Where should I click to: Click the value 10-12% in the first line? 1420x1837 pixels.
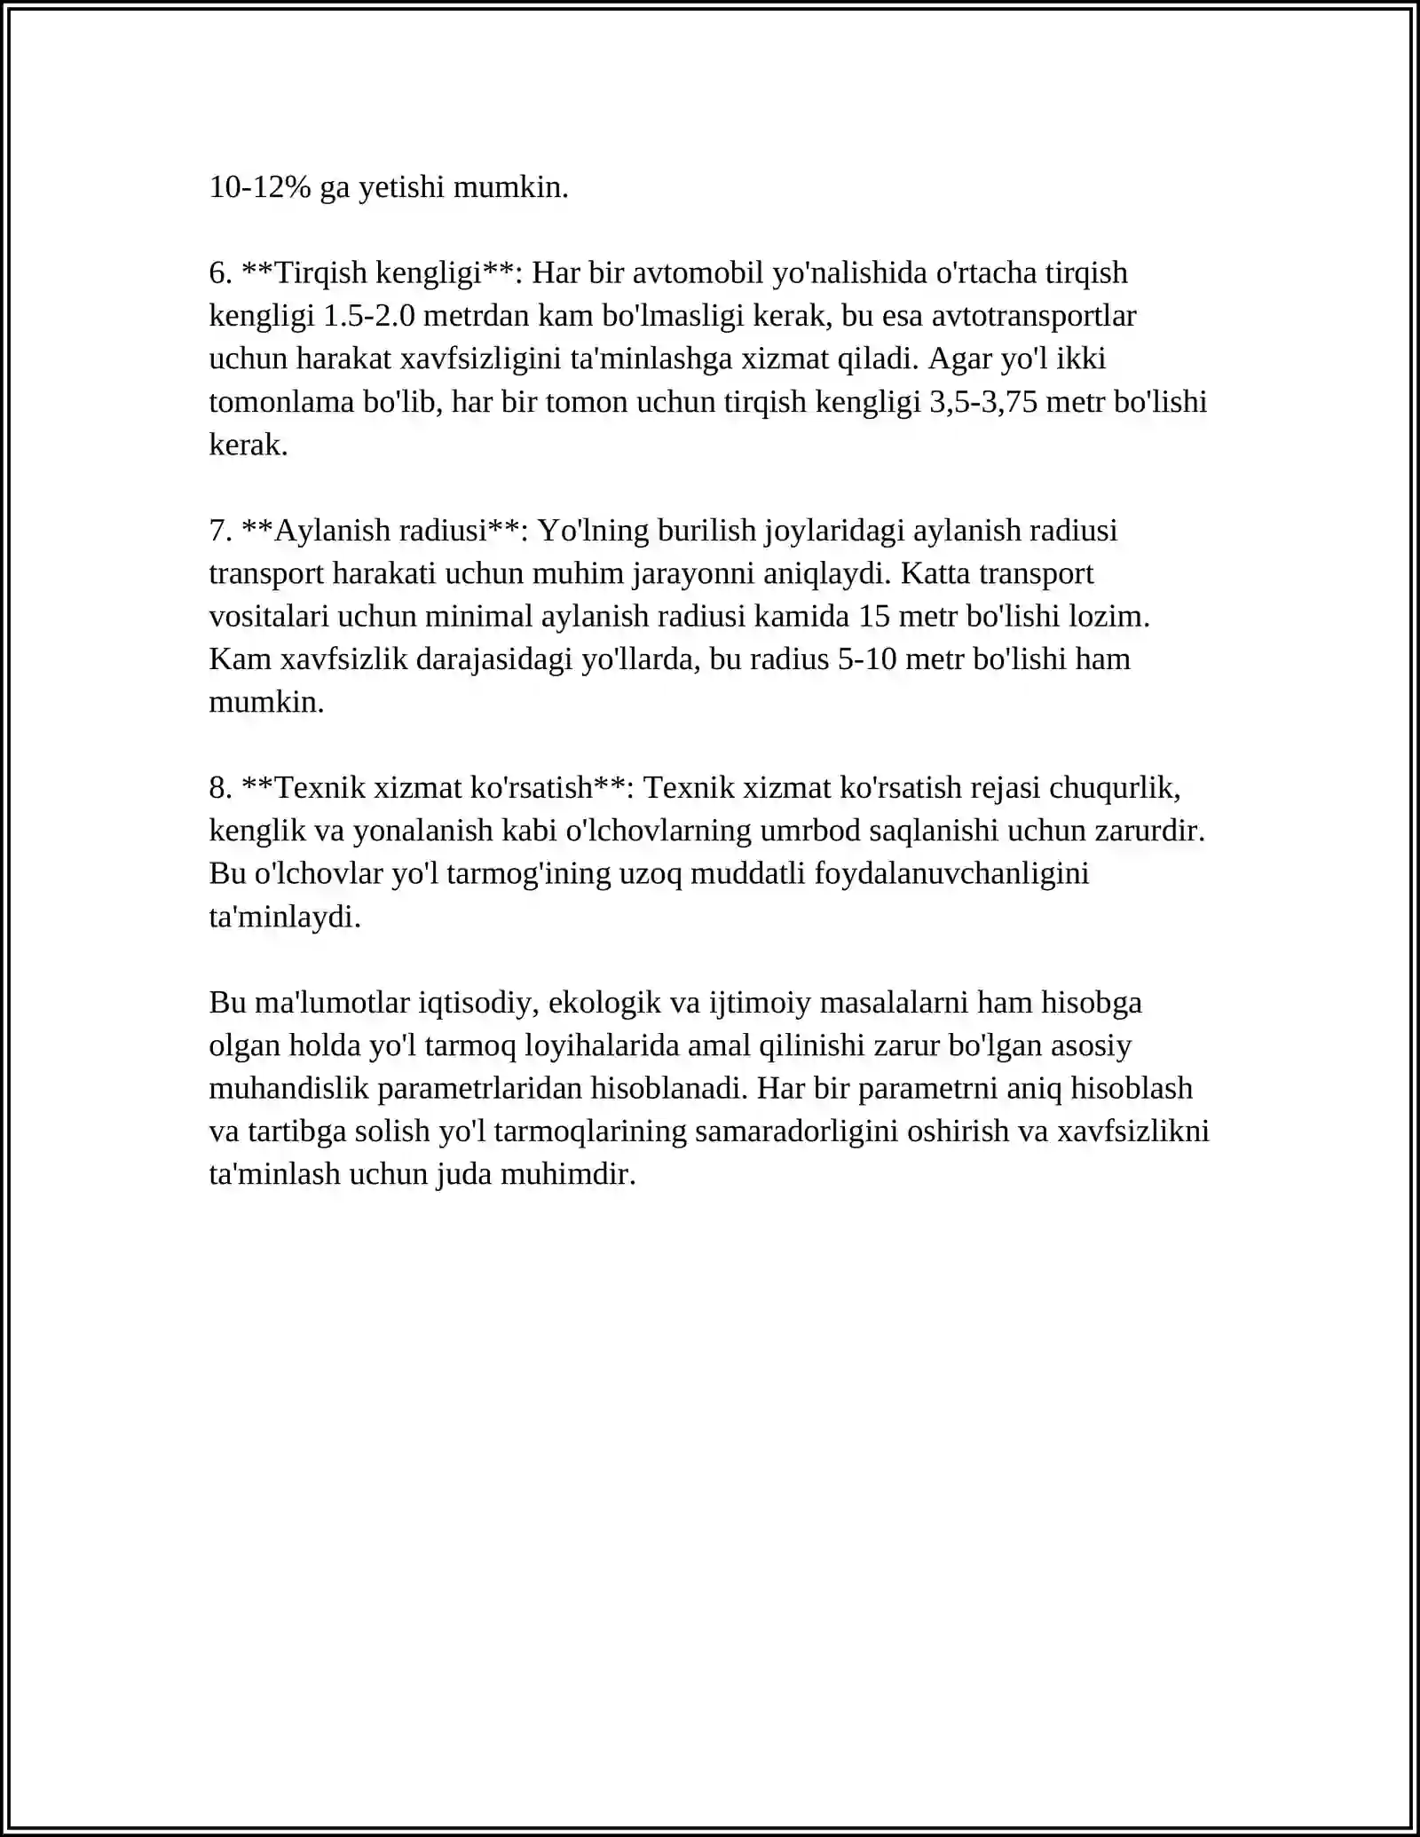click(259, 187)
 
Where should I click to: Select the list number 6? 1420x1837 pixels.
click(220, 273)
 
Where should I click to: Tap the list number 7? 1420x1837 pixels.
click(220, 531)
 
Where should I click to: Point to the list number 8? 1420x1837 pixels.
click(220, 788)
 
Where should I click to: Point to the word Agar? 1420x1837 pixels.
click(959, 359)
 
